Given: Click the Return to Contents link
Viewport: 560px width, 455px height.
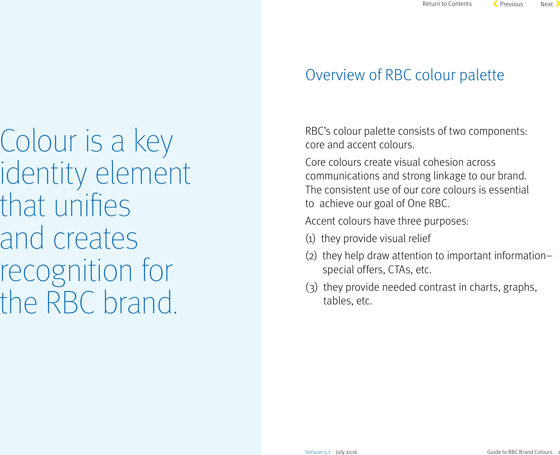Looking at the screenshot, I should (x=447, y=4).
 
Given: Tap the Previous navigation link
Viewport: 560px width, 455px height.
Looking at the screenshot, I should (x=511, y=4).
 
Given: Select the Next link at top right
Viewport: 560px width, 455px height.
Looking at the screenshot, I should (x=546, y=4).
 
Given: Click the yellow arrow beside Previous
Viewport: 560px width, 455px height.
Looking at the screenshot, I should (x=495, y=4).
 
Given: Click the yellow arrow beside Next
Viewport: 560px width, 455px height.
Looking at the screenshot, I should (x=558, y=4).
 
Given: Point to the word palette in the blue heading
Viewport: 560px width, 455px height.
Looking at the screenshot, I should (x=481, y=75).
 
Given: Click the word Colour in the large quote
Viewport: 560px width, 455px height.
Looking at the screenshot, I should (x=38, y=141).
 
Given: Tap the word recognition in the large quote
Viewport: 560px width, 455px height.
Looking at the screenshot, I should (x=66, y=271).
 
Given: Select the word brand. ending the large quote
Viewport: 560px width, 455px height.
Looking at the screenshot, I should (x=140, y=303).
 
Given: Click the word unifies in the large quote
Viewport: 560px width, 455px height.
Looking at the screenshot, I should (x=92, y=206).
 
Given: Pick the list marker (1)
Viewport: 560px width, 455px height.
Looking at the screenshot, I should (x=310, y=239).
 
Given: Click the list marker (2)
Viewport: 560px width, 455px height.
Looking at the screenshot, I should (x=311, y=256).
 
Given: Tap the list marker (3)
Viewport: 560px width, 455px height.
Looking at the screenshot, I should (x=311, y=287).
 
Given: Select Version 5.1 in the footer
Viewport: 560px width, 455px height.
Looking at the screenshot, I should (x=318, y=452).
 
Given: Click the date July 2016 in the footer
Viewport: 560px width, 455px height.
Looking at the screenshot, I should (x=346, y=452).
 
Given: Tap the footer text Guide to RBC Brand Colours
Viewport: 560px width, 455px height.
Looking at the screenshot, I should (x=520, y=452).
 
